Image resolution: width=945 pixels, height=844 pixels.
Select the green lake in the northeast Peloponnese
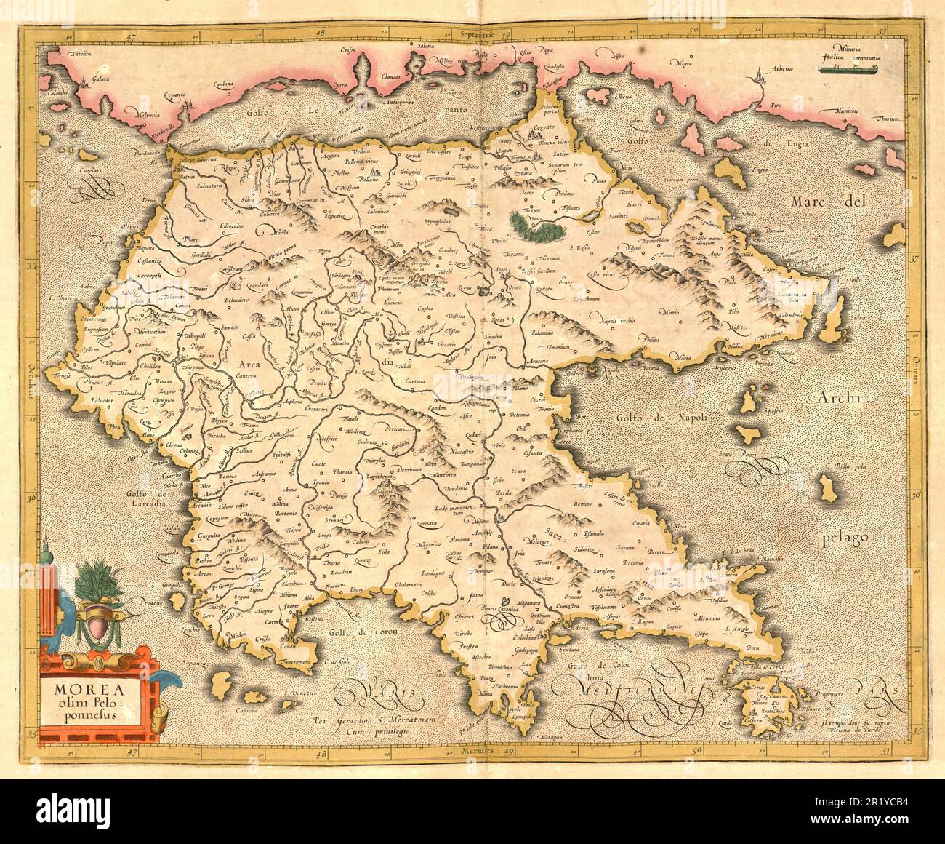537,226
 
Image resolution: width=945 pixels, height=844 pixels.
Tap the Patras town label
187,176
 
